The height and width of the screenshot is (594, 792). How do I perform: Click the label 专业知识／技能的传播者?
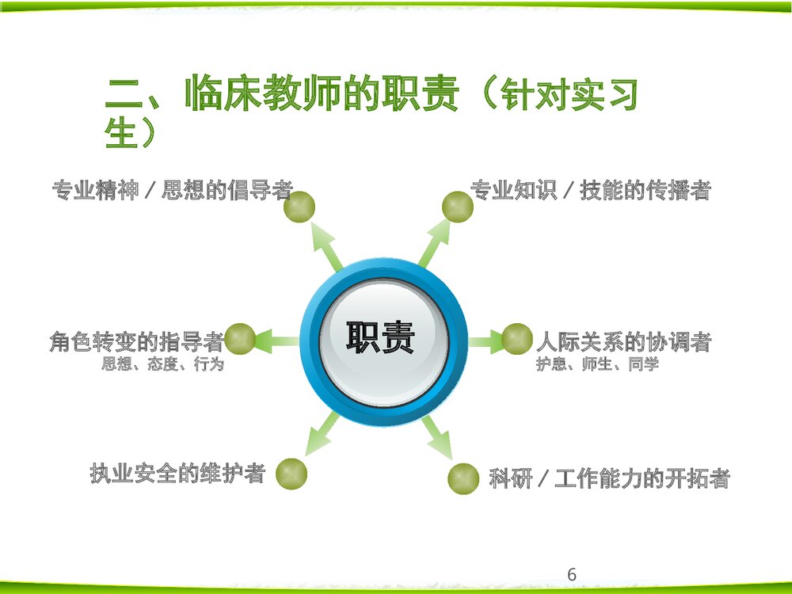591,190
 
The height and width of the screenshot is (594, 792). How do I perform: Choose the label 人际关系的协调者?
624,342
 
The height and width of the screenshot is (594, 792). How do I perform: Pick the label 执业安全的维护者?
177,474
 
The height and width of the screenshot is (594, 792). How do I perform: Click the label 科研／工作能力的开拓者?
609,478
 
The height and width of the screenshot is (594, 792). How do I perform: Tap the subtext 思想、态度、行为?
162,365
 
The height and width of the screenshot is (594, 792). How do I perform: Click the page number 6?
572,575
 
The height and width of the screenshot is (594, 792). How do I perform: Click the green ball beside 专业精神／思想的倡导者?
300,207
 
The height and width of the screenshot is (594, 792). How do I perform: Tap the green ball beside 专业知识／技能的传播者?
458,207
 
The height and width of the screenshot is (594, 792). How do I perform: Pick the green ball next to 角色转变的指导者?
240,339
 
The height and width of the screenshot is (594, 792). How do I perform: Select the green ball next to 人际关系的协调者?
517,339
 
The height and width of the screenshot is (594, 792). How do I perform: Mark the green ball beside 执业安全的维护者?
291,474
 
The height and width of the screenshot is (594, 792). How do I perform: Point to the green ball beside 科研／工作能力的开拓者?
463,478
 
